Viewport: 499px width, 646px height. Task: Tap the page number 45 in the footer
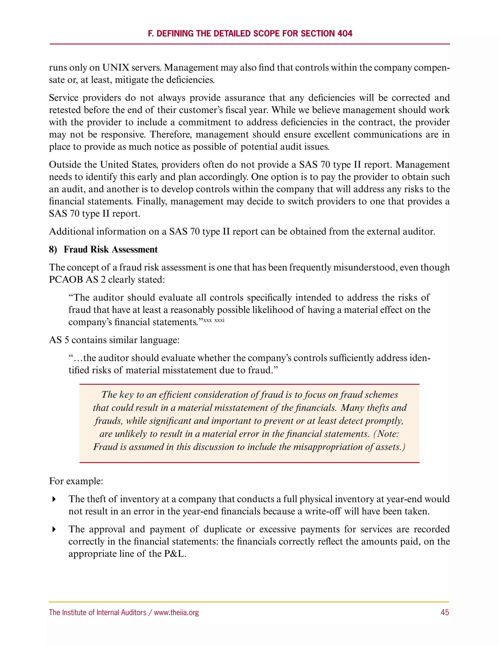click(x=445, y=612)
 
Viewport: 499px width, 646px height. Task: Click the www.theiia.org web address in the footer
click(x=176, y=612)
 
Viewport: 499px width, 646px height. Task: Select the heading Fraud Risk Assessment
click(x=111, y=249)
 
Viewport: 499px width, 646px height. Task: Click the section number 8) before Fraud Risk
click(x=53, y=249)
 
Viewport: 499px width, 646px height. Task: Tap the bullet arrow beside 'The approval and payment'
click(x=54, y=529)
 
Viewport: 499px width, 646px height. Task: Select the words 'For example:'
click(x=76, y=481)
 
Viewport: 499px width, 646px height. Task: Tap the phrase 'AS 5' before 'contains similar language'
click(x=59, y=340)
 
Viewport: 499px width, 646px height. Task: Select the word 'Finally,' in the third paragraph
click(x=152, y=201)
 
